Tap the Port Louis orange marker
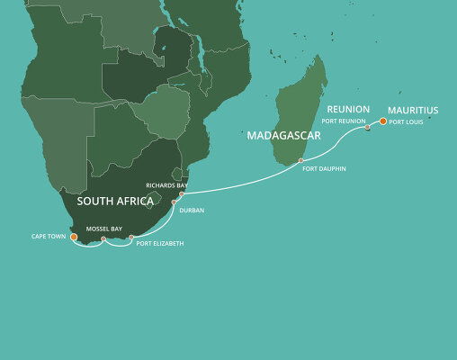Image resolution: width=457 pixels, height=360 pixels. [383, 121]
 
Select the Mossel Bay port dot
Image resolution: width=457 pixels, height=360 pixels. [103, 239]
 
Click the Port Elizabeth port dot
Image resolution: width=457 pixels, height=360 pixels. [131, 238]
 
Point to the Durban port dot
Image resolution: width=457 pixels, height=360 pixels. [173, 203]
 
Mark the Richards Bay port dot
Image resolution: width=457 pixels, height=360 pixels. [181, 193]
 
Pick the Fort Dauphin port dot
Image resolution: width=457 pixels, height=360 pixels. [301, 162]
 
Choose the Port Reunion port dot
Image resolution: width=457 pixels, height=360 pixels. [367, 128]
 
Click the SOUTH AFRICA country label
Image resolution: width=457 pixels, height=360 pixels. [116, 201]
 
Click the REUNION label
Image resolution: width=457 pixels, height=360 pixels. [348, 109]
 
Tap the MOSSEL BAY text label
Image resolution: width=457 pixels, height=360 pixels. [103, 229]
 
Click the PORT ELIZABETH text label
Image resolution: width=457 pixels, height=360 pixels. [161, 243]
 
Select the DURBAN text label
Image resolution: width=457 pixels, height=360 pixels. [192, 210]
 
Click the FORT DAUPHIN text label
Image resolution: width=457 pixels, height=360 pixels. [325, 169]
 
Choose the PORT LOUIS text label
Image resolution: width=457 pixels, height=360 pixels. [407, 121]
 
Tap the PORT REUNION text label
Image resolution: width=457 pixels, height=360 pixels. [342, 121]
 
